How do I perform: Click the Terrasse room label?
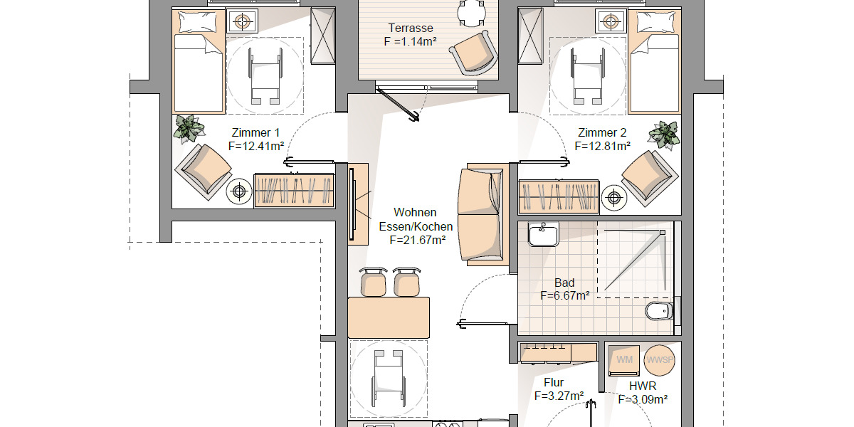(411, 28)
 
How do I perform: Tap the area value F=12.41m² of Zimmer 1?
(256, 146)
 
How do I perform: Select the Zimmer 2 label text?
(602, 132)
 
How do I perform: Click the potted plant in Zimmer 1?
(189, 128)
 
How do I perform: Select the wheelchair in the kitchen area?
(388, 377)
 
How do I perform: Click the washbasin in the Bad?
(544, 233)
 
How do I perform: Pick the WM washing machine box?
(625, 359)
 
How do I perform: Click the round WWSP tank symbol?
(659, 359)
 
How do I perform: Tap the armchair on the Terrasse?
(473, 53)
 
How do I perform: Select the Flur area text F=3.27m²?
(559, 396)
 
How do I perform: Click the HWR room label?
(642, 386)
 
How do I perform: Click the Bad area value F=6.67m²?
(564, 295)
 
